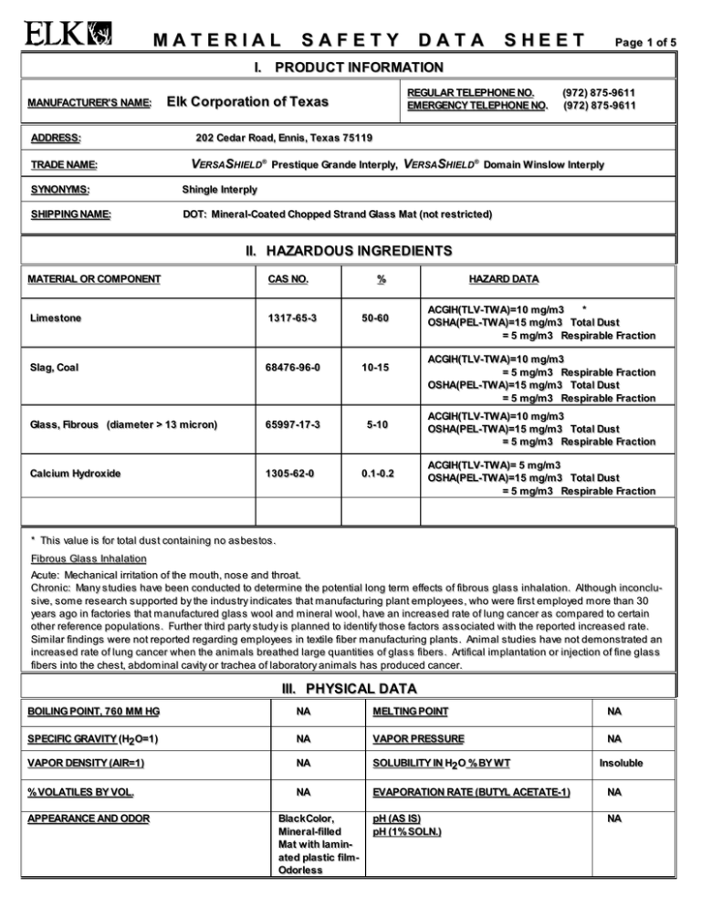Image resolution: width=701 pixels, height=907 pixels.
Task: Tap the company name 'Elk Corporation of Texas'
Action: click(x=247, y=102)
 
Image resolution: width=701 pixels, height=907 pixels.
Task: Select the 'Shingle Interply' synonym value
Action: click(x=220, y=190)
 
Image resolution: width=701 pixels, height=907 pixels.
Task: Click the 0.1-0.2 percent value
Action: click(x=374, y=474)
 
